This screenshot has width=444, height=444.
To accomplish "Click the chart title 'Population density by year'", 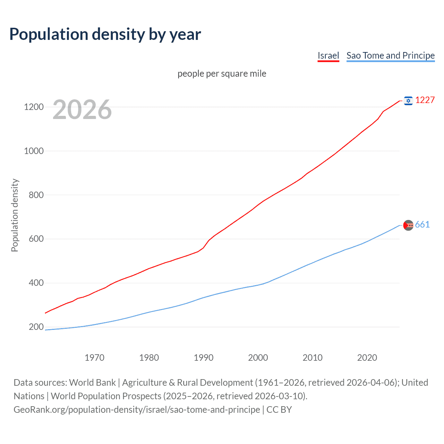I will point(105,34).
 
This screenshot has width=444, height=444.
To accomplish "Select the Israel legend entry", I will point(328,55).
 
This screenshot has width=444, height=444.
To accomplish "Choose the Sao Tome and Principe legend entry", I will point(390,55).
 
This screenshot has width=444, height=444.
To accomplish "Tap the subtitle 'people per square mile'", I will point(222,74).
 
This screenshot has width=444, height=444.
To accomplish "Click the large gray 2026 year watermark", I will point(82,110).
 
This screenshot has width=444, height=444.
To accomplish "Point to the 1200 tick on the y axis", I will point(34,107).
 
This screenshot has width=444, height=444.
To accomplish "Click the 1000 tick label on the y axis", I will point(34,151).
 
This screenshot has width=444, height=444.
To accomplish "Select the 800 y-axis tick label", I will point(36,195).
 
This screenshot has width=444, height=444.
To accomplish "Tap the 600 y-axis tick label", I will point(36,239).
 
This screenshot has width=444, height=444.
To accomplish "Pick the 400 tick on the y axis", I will point(36,283).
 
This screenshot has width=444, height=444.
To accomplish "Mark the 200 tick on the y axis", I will point(36,327).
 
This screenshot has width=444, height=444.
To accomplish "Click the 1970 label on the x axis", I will point(94,358).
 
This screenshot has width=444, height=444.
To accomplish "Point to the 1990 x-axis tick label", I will point(204,358).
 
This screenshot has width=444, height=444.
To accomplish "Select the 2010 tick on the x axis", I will point(313,358).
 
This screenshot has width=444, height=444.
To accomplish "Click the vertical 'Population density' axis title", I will point(15,215).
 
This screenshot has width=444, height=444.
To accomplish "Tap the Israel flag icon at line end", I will point(408,101).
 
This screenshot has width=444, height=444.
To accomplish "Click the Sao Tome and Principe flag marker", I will point(408,225).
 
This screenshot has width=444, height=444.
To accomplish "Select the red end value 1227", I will point(425,100).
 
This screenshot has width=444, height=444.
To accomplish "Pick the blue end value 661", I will point(422,225).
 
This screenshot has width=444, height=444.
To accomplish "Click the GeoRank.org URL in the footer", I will point(137,410).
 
